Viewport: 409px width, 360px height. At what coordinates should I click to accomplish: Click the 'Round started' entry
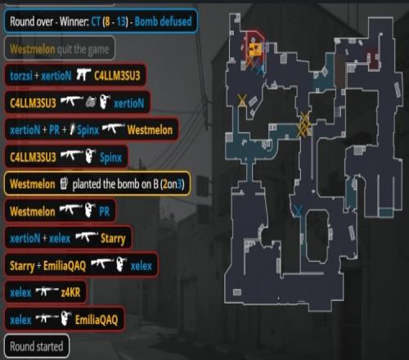(37, 346)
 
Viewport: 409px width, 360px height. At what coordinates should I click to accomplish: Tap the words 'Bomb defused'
(163, 21)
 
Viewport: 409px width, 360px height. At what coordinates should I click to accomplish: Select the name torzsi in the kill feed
(20, 75)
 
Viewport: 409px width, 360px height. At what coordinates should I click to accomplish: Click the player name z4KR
(70, 293)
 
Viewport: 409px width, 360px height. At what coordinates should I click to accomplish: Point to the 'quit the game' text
(83, 49)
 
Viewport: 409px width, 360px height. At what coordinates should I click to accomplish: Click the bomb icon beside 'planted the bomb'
(64, 183)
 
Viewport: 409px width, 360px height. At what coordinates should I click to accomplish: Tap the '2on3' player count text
(173, 184)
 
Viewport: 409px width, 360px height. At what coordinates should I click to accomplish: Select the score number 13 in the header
(120, 21)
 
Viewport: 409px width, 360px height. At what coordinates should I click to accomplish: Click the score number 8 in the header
(107, 21)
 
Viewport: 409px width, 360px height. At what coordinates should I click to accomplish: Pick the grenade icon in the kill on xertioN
(91, 102)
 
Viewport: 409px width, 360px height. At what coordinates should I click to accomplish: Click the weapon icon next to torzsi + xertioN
(83, 74)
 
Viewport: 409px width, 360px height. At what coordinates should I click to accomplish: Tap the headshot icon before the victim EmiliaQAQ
(65, 318)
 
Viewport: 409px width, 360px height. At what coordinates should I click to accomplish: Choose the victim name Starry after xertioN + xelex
(113, 239)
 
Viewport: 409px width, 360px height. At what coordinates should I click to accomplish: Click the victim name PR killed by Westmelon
(104, 211)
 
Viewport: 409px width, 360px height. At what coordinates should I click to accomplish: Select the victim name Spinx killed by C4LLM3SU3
(110, 157)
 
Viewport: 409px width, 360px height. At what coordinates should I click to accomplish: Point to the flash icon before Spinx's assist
(72, 129)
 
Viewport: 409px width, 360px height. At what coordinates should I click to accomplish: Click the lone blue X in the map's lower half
(298, 210)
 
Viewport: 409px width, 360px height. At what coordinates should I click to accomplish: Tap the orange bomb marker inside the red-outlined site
(255, 49)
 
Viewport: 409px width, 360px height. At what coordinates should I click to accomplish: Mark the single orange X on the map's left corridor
(242, 100)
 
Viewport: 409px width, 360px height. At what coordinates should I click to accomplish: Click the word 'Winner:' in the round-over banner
(74, 21)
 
